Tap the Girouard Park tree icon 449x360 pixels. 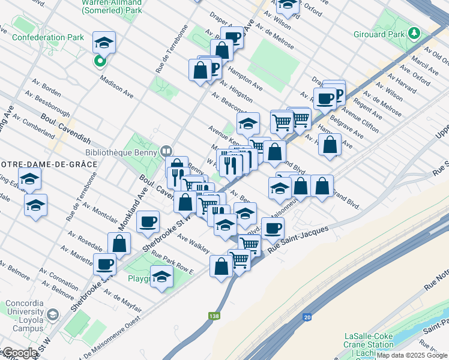coord(415,33)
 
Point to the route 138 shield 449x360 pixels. coord(213,316)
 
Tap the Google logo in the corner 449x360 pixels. coord(19,353)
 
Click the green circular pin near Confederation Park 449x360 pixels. coord(100,61)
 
